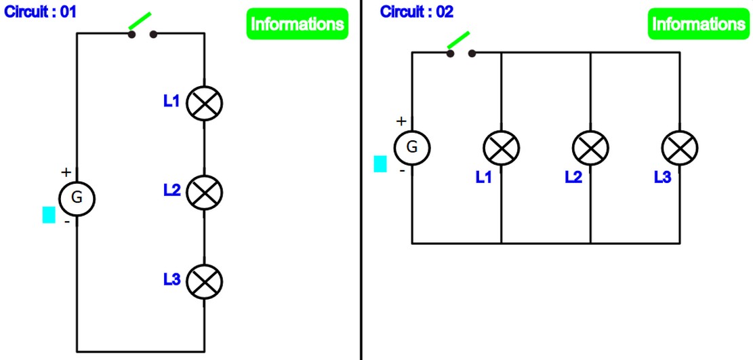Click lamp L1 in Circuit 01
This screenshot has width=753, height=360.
(205, 104)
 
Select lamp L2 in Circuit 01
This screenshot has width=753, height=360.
(205, 193)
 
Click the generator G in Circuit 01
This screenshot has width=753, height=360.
(77, 198)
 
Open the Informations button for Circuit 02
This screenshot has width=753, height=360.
(697, 24)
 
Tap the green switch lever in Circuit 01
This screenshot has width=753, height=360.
(140, 22)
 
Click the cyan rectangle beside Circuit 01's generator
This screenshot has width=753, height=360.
(49, 215)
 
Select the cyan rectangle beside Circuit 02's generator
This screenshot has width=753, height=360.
(381, 164)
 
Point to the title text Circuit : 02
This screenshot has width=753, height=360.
(416, 12)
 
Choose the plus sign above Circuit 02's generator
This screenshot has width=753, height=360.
(401, 121)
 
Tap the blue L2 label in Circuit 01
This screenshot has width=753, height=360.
(171, 191)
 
